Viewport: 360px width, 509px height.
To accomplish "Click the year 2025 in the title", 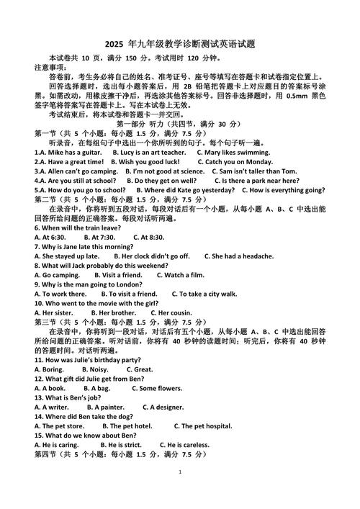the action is [114, 42].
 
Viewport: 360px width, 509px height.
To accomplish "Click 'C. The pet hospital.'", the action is [197, 425].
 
